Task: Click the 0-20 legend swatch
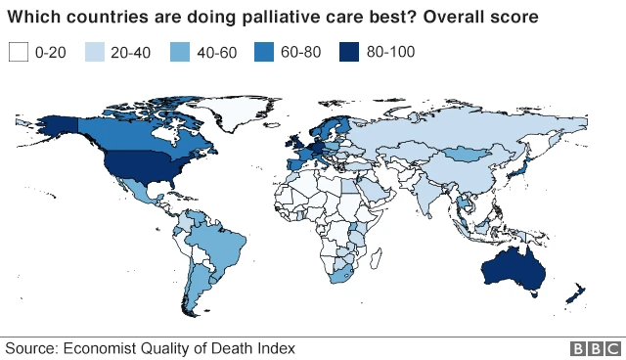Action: (x=18, y=52)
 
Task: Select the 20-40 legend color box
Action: (x=96, y=52)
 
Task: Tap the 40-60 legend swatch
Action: (x=183, y=52)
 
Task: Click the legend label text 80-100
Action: (x=392, y=52)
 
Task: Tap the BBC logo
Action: (x=597, y=348)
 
